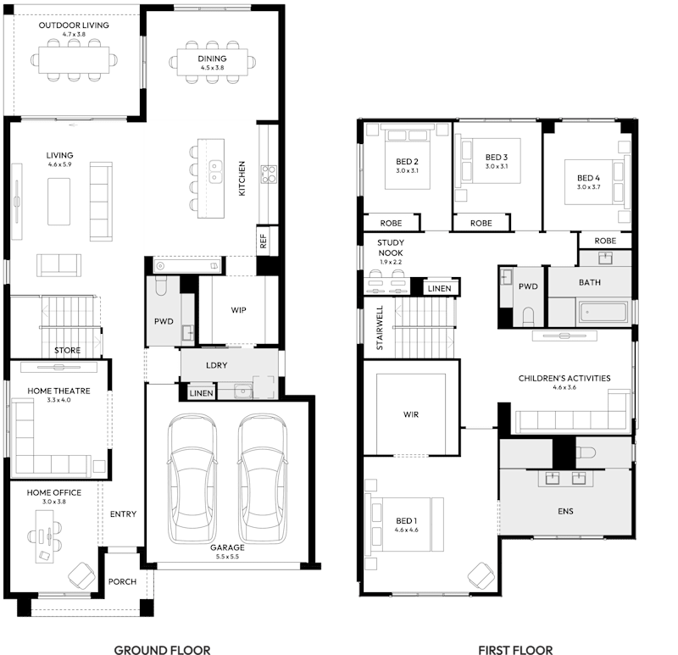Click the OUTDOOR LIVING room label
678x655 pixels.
pyautogui.click(x=74, y=25)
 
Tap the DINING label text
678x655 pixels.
pyautogui.click(x=212, y=58)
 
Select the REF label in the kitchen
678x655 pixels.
pyautogui.click(x=263, y=241)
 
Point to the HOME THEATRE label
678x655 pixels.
pyautogui.click(x=58, y=391)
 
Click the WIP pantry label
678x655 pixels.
pyautogui.click(x=239, y=310)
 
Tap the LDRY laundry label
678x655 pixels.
pyautogui.click(x=215, y=365)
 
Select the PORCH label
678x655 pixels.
pyautogui.click(x=122, y=582)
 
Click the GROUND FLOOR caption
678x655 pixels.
pyautogui.click(x=163, y=649)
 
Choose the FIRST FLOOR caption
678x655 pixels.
pyautogui.click(x=515, y=649)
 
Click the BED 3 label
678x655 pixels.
pyautogui.click(x=497, y=158)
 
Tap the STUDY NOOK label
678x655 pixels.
pyautogui.click(x=391, y=247)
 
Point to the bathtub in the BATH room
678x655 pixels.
pyautogui.click(x=605, y=314)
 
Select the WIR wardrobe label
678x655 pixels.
pyautogui.click(x=412, y=415)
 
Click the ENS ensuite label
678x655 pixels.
pyautogui.click(x=565, y=511)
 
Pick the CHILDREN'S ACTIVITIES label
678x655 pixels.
pyautogui.click(x=564, y=379)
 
